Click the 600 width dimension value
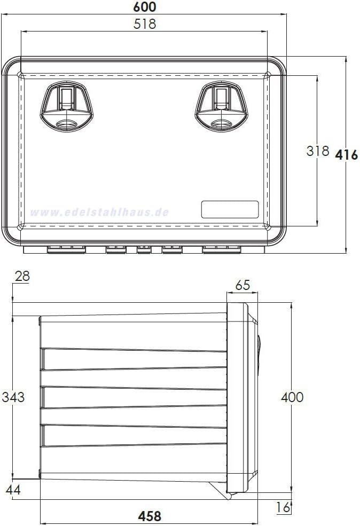tap(145, 7)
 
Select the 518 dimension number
tap(145, 24)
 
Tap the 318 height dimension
tap(317, 151)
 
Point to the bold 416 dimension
tap(347, 155)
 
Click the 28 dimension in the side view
tap(22, 276)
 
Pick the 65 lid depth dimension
tap(242, 285)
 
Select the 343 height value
tap(13, 397)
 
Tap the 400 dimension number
tap(292, 397)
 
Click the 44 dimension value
tap(13, 490)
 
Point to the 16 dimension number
tap(283, 507)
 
